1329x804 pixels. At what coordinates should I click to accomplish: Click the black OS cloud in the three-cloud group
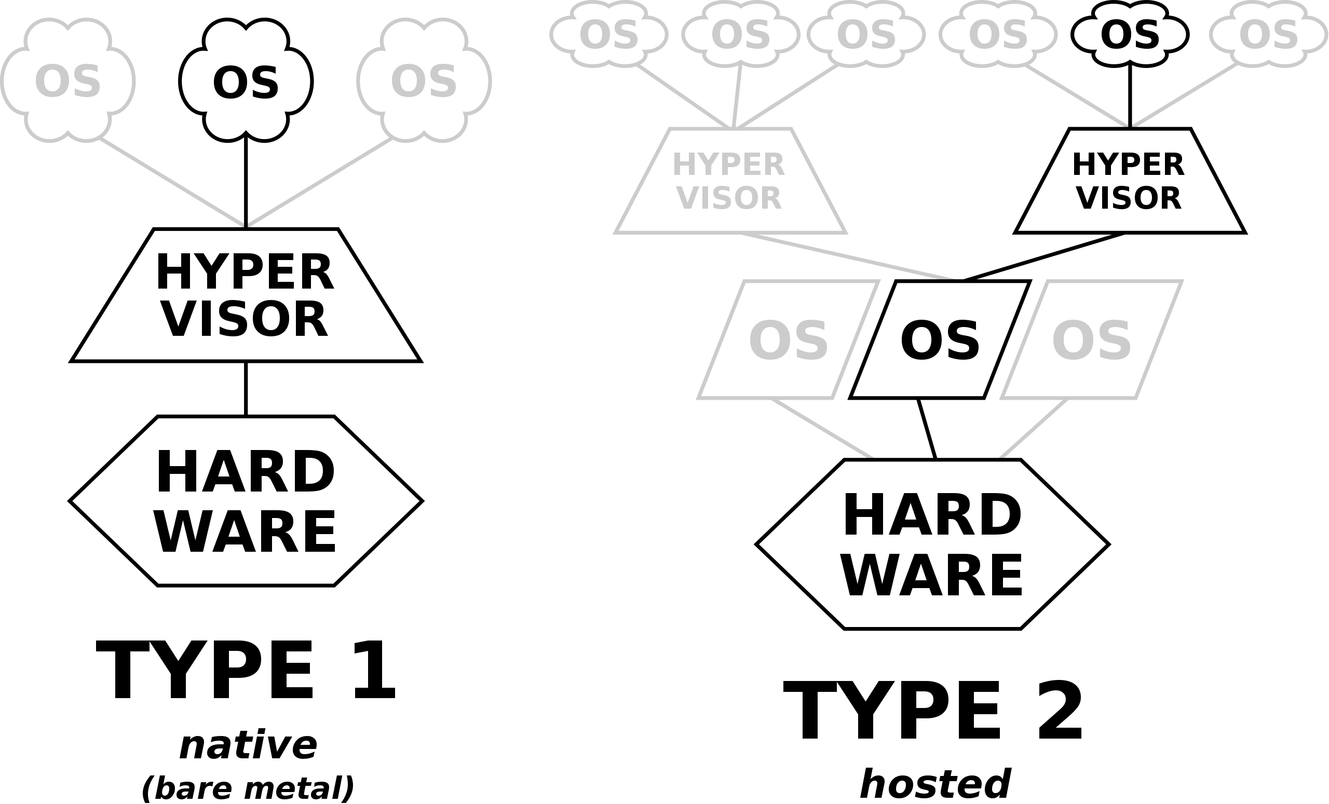(246, 82)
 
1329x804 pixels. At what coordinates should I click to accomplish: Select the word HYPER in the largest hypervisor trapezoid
(245, 273)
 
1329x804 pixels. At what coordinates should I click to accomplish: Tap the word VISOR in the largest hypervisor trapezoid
(246, 320)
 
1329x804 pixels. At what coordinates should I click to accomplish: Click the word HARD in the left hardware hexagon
(246, 472)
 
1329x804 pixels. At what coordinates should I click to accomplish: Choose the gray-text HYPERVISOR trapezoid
(729, 181)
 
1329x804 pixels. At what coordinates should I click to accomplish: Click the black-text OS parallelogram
(940, 340)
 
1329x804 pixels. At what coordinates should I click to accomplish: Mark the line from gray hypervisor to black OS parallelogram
(847, 257)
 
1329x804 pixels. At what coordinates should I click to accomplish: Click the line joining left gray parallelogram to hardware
(822, 429)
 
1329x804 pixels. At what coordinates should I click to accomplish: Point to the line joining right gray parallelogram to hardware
(1034, 429)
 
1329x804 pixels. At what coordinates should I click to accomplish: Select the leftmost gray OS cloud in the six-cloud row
(608, 34)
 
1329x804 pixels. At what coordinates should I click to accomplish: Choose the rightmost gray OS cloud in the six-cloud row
(1268, 34)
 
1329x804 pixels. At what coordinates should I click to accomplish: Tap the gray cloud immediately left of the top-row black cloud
(998, 34)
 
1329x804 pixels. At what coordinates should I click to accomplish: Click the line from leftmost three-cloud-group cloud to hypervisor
(172, 182)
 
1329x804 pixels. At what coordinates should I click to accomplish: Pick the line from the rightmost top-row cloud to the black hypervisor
(1184, 96)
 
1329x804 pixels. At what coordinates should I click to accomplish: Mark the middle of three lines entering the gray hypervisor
(737, 96)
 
